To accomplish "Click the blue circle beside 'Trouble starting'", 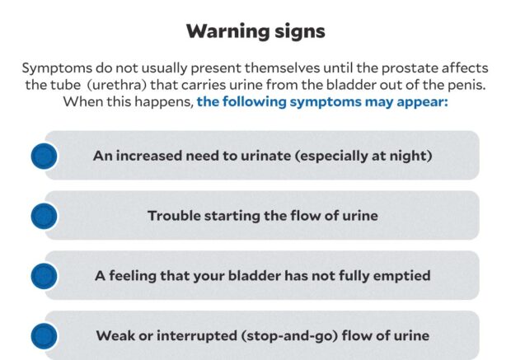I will pos(44,216).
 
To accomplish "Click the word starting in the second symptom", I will pos(237,216).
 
